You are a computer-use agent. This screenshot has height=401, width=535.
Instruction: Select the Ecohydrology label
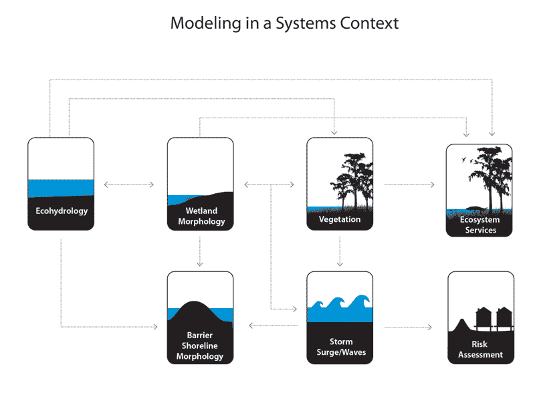pos(62,211)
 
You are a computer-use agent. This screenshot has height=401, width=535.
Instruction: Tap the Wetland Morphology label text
pos(201,216)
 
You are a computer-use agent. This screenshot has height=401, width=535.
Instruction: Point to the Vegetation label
pos(340,219)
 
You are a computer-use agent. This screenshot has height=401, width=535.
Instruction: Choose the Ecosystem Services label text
pos(479,225)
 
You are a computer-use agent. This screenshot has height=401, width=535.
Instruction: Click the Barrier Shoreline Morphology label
pos(200,346)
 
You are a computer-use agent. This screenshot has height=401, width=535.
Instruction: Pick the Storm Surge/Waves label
pos(341,347)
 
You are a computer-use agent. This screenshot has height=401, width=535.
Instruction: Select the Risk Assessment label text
pos(480,349)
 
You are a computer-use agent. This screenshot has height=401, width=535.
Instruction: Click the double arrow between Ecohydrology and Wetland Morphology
pos(129,185)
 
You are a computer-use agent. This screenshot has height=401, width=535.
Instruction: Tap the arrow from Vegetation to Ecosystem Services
pos(409,185)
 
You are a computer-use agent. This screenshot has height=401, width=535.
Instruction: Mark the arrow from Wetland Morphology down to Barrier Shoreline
pos(200,251)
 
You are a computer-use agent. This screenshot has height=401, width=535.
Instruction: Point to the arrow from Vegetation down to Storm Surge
pos(340,251)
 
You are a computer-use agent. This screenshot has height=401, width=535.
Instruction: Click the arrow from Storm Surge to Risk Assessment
pos(408,327)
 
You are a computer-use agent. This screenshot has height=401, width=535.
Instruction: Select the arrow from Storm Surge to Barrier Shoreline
pos(274,325)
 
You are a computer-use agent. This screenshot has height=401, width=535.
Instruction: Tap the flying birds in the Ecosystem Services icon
pos(467,160)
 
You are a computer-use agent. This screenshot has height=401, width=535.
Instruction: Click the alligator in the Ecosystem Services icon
pos(476,209)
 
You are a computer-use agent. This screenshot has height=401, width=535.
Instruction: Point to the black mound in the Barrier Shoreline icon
pos(200,313)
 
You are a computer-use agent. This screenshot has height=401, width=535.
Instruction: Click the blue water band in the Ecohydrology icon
pos(61,188)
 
